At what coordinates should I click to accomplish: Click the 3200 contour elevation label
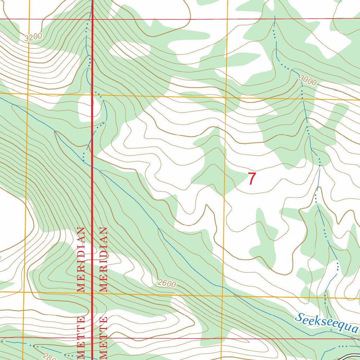click(x=34, y=37)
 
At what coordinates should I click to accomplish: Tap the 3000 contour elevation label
click(x=308, y=81)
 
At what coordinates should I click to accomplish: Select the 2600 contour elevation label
click(x=167, y=283)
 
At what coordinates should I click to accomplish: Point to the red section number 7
click(x=252, y=179)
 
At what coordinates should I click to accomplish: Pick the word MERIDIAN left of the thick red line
click(x=81, y=260)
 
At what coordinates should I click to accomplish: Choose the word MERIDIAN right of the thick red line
click(x=103, y=260)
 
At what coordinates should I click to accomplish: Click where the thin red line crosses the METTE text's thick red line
click(x=92, y=339)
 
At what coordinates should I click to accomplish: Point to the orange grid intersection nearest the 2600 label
click(x=222, y=296)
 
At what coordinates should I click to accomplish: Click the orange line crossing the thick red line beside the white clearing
click(x=92, y=95)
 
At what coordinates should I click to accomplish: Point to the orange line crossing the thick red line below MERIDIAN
click(x=92, y=292)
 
